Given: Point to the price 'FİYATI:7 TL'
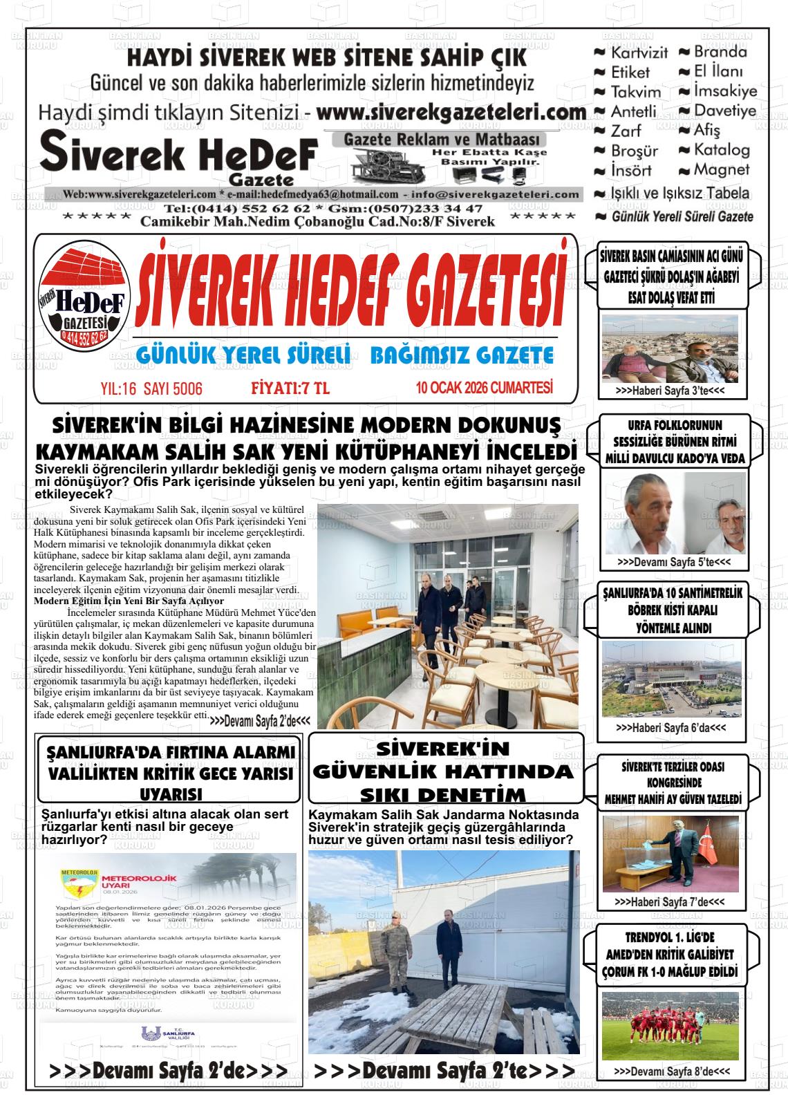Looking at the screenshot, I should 290,388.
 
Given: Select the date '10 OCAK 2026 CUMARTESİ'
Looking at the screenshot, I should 484,388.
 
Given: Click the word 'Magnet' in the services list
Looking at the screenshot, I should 722,169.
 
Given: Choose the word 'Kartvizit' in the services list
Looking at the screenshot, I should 639,53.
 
